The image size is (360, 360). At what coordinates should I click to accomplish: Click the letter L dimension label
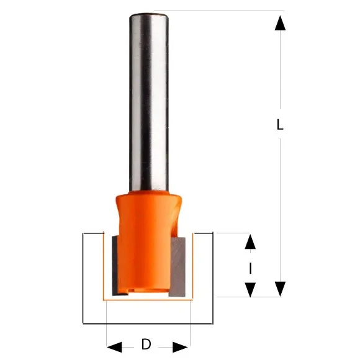tap(280, 125)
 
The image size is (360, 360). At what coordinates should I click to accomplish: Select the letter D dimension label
tap(146, 345)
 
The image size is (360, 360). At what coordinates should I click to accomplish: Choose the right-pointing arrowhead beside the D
tap(180, 346)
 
